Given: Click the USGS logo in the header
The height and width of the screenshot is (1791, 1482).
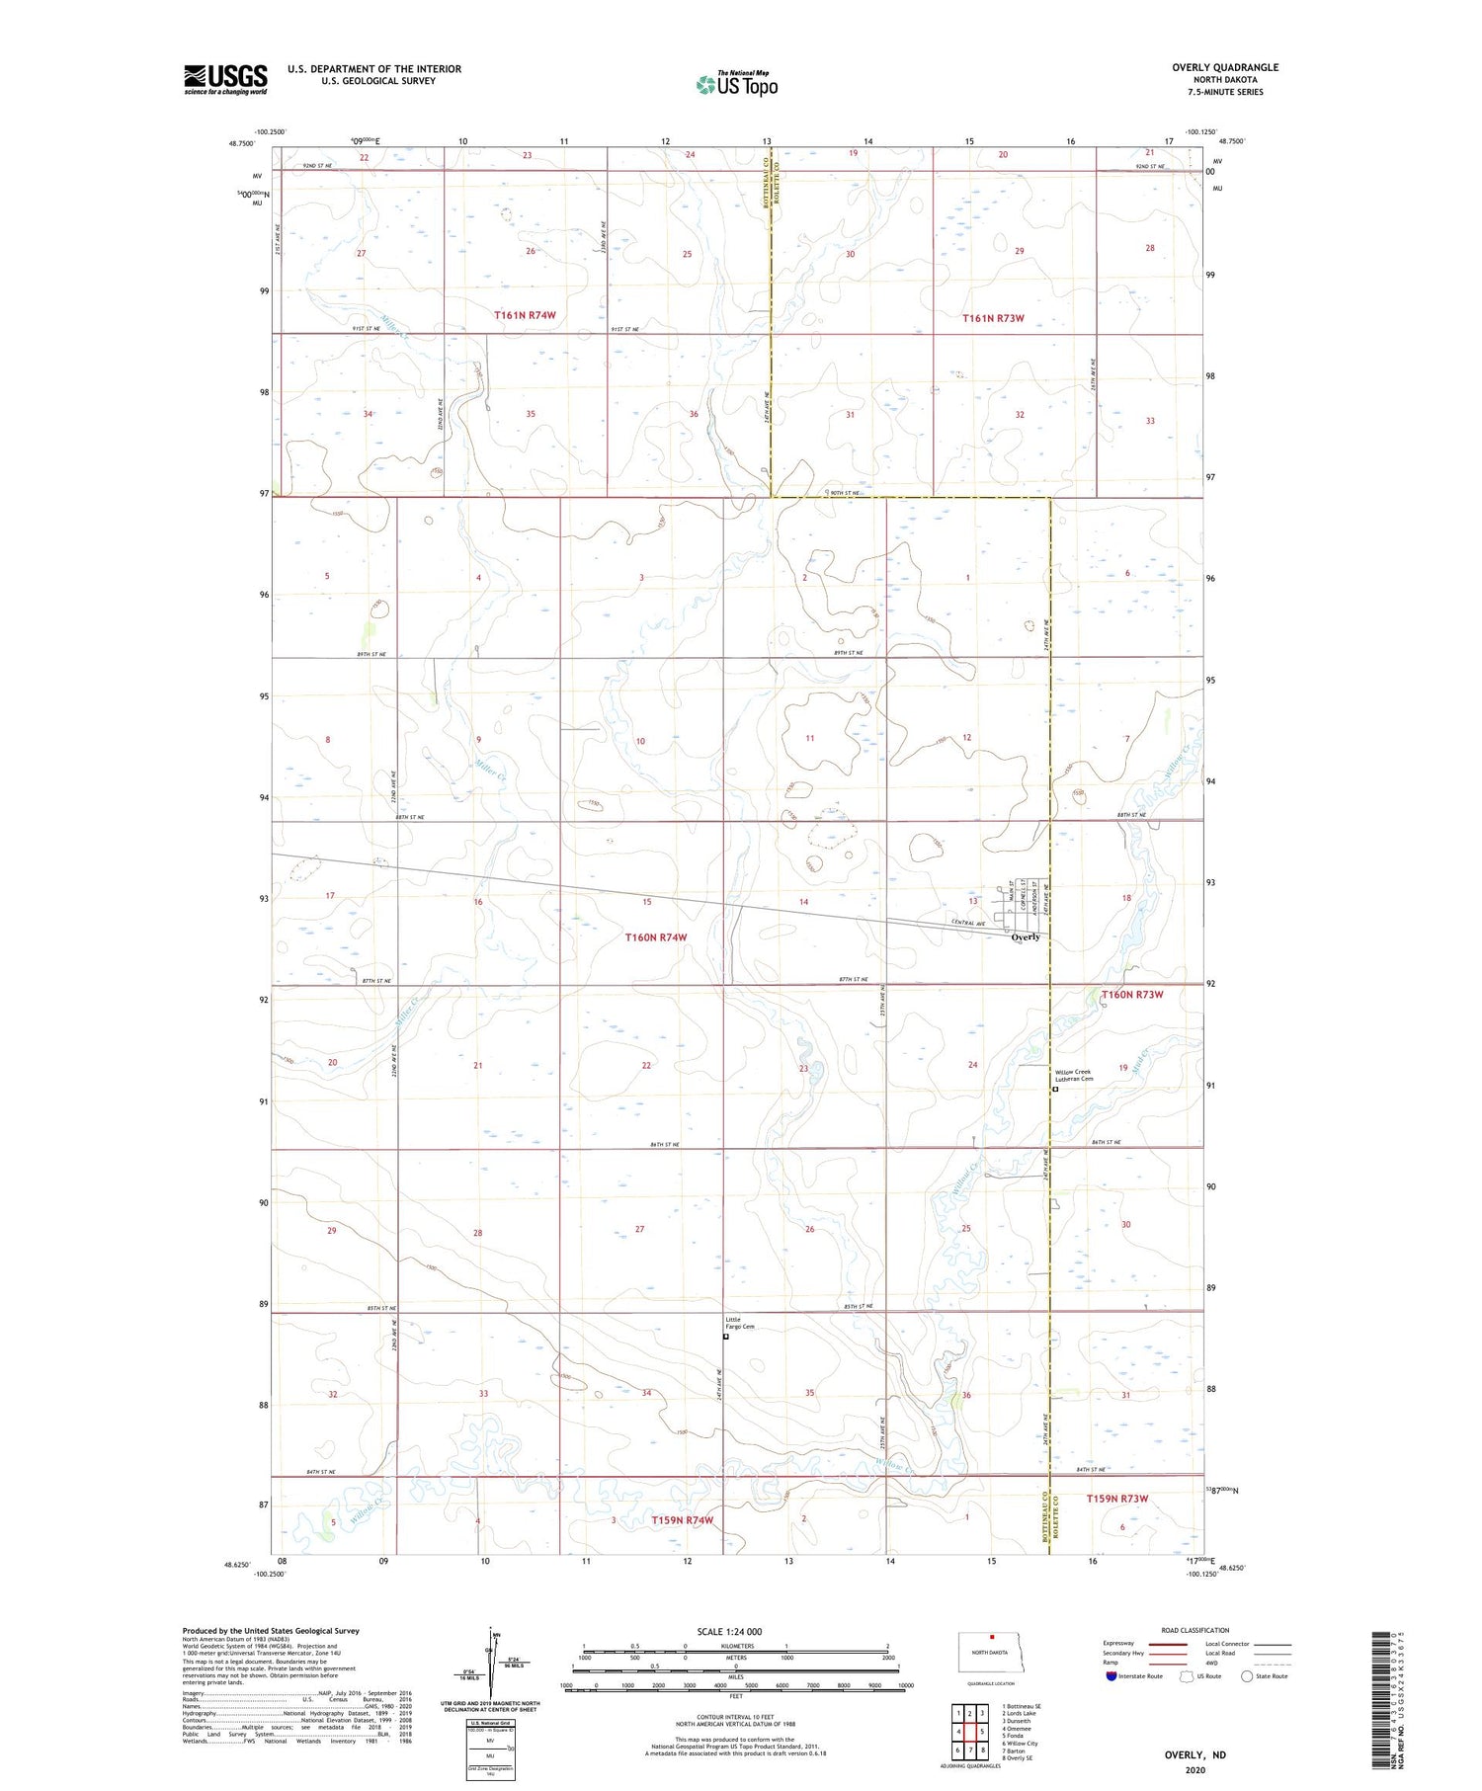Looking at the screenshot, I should [x=225, y=79].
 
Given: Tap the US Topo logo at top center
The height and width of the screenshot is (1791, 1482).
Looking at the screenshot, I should [x=736, y=84].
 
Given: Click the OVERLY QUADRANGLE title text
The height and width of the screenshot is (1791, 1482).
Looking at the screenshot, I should [x=1224, y=67].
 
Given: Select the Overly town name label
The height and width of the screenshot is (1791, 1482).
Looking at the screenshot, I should [x=1026, y=936].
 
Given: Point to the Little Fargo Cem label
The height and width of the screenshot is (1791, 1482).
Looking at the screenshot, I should [x=739, y=1322].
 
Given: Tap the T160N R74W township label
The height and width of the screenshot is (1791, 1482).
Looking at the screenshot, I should [x=655, y=936].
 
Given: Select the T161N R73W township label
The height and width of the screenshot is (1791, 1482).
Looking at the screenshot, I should [x=993, y=318].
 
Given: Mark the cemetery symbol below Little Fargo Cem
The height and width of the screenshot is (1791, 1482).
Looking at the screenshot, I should [x=726, y=1337].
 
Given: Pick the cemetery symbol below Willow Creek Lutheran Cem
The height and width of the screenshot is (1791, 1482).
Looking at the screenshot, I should [x=1054, y=1090].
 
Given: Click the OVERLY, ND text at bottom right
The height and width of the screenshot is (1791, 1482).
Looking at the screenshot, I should [x=1197, y=1754].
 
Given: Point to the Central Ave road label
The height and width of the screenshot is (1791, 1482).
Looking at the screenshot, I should [x=968, y=923].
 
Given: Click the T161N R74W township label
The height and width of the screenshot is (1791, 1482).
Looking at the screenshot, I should [x=525, y=315].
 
